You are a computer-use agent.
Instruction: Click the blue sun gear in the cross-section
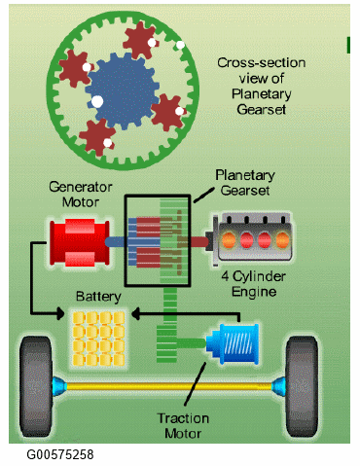pyautogui.click(x=123, y=90)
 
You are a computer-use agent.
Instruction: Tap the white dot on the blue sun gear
pyautogui.click(x=97, y=101)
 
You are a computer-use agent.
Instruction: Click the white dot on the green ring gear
pyautogui.click(x=180, y=45)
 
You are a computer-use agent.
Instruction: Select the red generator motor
pyautogui.click(x=80, y=242)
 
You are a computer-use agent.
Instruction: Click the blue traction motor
pyautogui.click(x=233, y=343)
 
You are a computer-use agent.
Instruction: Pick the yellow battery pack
pyautogui.click(x=98, y=339)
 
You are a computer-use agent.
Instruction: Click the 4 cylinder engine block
pyautogui.click(x=252, y=239)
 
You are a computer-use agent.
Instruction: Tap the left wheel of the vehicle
pyautogui.click(x=36, y=386)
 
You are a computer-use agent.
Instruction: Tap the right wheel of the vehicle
pyautogui.click(x=303, y=386)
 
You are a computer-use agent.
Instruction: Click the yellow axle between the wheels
pyautogui.click(x=168, y=386)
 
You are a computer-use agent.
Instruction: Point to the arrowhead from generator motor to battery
pyautogui.click(x=60, y=313)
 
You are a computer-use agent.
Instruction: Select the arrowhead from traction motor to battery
pyautogui.click(x=135, y=313)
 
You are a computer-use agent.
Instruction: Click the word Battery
pyautogui.click(x=98, y=297)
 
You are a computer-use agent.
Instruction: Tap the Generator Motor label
pyautogui.click(x=81, y=195)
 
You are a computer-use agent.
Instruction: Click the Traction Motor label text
pyautogui.click(x=183, y=426)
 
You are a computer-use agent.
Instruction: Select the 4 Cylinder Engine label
pyautogui.click(x=254, y=284)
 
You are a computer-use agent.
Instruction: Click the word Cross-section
pyautogui.click(x=262, y=63)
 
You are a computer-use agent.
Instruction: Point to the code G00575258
pyautogui.click(x=60, y=454)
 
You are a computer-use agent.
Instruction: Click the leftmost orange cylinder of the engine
pyautogui.click(x=229, y=240)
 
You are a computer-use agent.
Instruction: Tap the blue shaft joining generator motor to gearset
pyautogui.click(x=116, y=242)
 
